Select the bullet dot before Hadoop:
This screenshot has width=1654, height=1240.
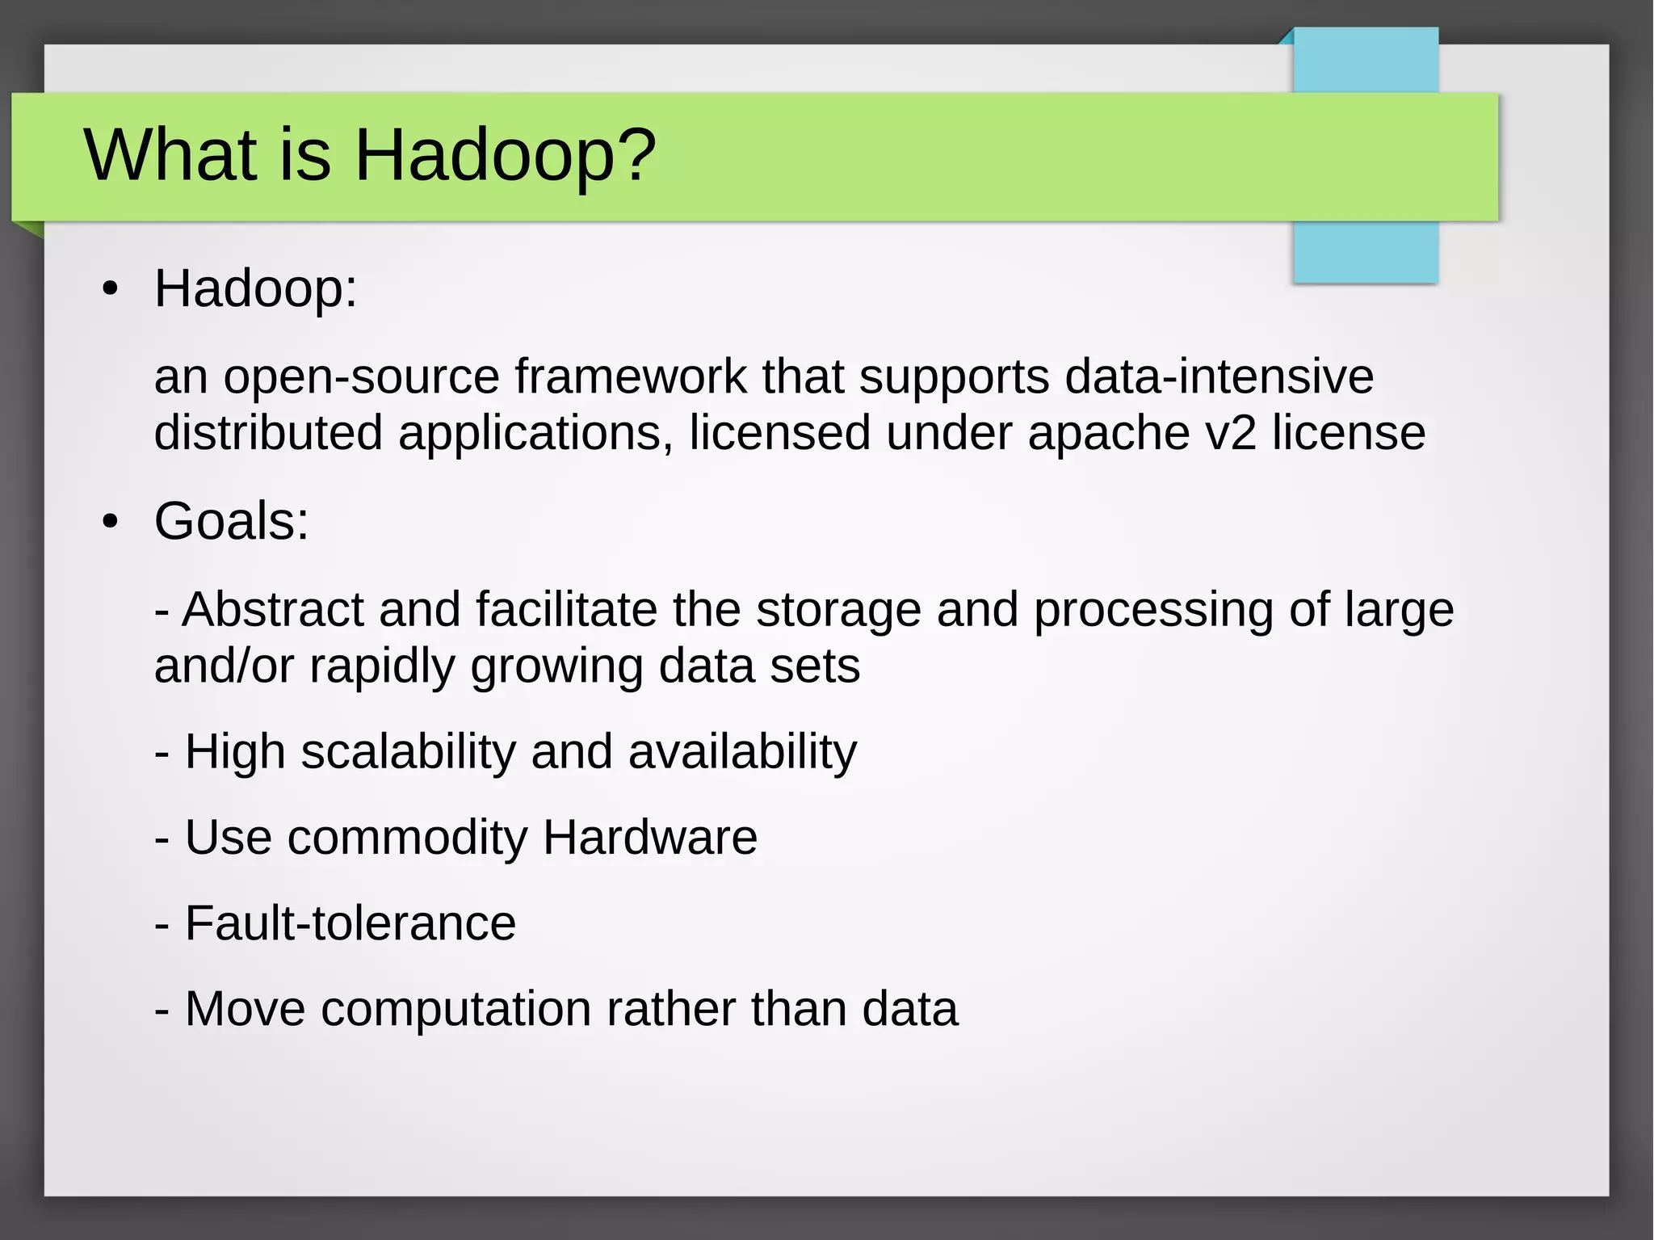pos(111,289)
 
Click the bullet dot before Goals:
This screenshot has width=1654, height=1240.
pos(111,522)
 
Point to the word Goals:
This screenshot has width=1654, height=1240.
pos(232,521)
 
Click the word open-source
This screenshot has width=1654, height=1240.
pos(361,377)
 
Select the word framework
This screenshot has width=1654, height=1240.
pos(631,377)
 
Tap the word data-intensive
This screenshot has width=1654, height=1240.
pos(1219,377)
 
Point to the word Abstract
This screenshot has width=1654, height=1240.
pos(273,609)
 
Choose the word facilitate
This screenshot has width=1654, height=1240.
pos(566,609)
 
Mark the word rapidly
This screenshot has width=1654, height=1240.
pos(382,667)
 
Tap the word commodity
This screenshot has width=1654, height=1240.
pos(408,838)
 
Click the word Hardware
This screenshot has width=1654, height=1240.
pos(650,837)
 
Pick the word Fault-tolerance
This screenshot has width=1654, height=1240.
pos(351,923)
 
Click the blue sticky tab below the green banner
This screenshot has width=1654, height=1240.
pos(1366,252)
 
